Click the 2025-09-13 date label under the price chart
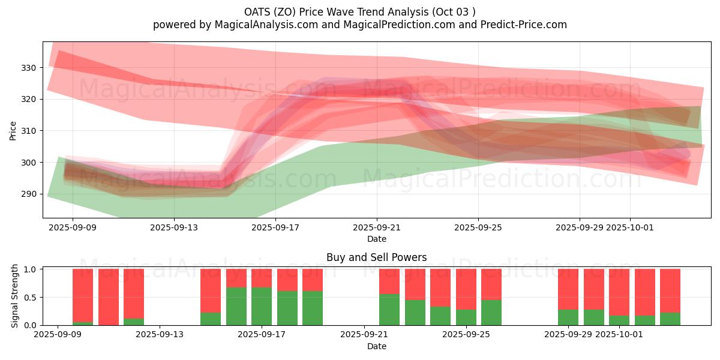point(174,227)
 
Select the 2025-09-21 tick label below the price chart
point(377,227)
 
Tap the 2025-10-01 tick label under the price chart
point(630,227)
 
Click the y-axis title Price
point(13,130)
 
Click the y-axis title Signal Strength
point(15,297)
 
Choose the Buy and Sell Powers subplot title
point(377,257)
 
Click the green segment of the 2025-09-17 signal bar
point(262,307)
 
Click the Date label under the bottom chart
point(377,346)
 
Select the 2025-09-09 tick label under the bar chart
point(58,335)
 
